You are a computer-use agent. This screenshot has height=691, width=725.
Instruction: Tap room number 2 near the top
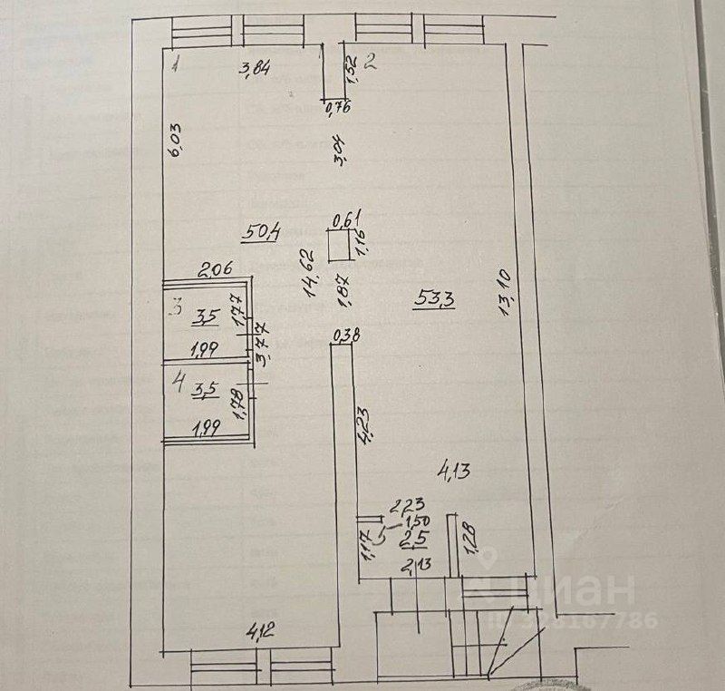[370, 63]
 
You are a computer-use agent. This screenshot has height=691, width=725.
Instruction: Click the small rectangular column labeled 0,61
[341, 246]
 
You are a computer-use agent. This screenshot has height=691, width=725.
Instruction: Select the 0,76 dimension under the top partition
[337, 109]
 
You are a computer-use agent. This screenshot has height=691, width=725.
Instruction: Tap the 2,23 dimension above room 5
[408, 506]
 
